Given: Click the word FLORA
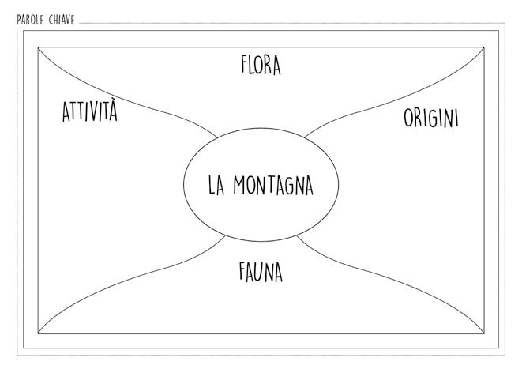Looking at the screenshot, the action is [261, 65].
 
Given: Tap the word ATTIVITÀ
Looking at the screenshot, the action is [89, 112].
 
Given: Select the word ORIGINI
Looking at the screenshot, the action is [430, 118].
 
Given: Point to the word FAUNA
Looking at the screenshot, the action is [261, 273].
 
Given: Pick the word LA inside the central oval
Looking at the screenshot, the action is [217, 186].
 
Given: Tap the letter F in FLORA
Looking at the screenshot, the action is [245, 65].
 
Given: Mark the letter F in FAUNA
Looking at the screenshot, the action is [243, 273].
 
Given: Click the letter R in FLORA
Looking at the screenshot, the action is [267, 65].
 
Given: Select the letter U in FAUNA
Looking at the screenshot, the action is [260, 273].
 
